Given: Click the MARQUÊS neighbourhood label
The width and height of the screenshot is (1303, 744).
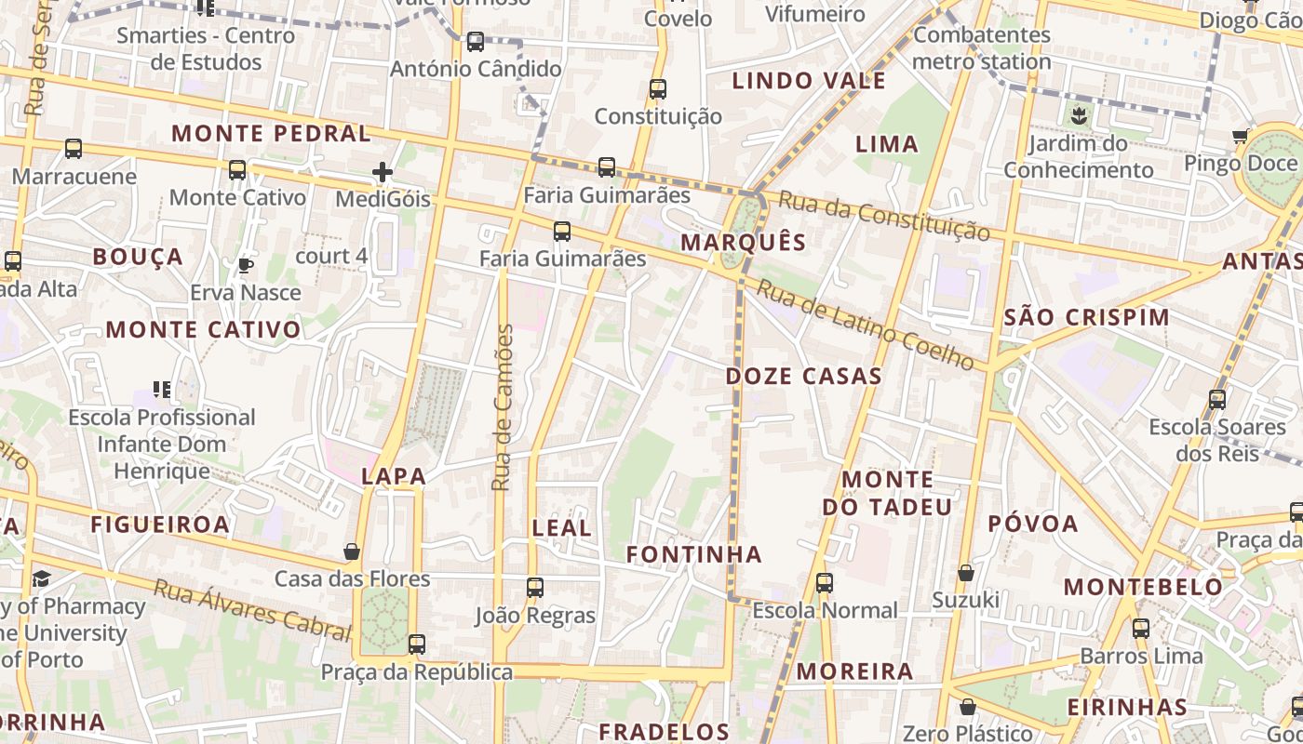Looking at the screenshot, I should tap(743, 243).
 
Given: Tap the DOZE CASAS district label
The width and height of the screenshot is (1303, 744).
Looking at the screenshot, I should tap(803, 377).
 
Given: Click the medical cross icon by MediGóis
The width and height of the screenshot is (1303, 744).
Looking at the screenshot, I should tap(382, 172).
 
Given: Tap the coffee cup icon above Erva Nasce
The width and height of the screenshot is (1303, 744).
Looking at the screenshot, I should tap(245, 266).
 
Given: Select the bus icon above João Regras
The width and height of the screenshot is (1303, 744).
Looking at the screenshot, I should tap(534, 588).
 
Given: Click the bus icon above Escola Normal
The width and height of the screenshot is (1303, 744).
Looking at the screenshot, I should tap(824, 583).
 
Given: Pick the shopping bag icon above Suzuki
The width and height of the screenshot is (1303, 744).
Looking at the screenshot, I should tap(966, 572).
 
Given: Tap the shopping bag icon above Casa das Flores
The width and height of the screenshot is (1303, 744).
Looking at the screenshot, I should tap(352, 551).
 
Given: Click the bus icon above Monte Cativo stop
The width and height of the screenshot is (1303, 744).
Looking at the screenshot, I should tap(237, 170).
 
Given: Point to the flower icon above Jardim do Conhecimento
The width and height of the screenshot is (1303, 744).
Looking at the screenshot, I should tap(1079, 116).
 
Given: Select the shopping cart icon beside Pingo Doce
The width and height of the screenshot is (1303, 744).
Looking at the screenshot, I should tap(1240, 138).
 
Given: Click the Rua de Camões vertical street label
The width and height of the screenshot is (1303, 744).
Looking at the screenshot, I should tap(503, 407).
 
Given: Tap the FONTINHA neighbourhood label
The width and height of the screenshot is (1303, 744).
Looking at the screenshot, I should tap(693, 555).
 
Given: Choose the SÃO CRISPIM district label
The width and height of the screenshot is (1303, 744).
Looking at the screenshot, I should tap(1087, 317).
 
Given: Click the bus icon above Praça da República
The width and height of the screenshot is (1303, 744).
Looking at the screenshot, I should tap(416, 644).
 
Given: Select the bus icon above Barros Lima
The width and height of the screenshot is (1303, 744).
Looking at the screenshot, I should tap(1141, 629).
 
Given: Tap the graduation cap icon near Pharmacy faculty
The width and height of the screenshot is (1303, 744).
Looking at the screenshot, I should tap(41, 579).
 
